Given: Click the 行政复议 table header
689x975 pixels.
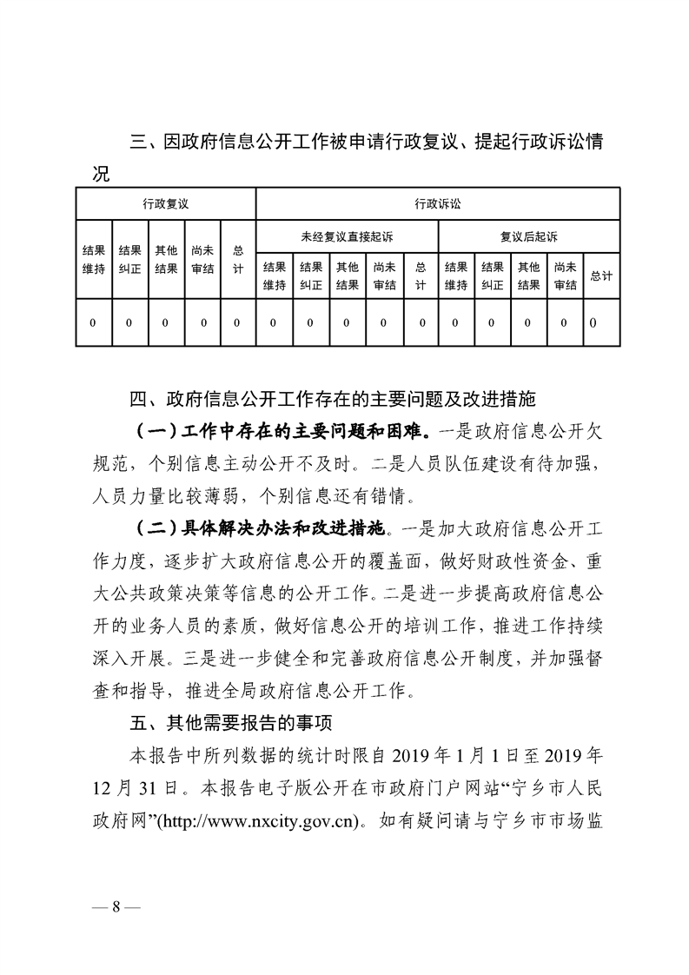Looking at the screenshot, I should (166, 204).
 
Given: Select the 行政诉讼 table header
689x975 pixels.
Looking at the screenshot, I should (438, 204).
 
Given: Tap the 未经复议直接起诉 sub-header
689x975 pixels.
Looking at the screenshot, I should (347, 235).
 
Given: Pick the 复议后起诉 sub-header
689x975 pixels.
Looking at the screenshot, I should (528, 235).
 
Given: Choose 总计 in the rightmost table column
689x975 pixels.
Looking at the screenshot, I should (600, 275).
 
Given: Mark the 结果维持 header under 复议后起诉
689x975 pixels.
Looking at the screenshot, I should (456, 275).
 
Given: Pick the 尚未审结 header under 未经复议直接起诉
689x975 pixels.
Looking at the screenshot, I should (383, 275).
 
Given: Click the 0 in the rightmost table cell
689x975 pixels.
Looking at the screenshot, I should (593, 323).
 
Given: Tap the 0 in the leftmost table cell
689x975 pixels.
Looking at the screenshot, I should (93, 323).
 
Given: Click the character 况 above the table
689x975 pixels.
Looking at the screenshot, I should (101, 174).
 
